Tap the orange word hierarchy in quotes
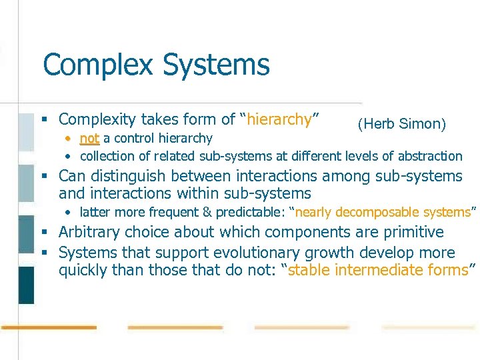[279, 120]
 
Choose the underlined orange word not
[89, 139]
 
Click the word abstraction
[430, 156]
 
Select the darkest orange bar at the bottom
[49, 328]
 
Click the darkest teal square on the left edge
[26, 285]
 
